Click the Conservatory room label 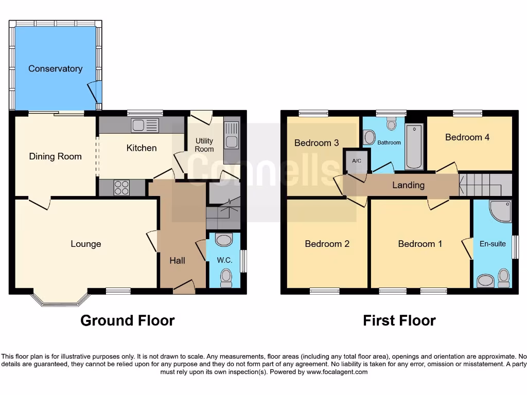coord(55,68)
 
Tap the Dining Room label coord(55,156)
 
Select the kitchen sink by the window coord(145,125)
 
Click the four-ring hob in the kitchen coord(122,188)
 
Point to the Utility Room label coord(204,145)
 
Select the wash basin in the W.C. coord(224,240)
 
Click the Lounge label coord(86,244)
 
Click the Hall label coord(178,261)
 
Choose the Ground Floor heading coord(128,321)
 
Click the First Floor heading coord(399,321)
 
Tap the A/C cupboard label coord(357,160)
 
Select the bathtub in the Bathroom coord(414,146)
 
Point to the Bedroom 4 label coord(467,137)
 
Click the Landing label coord(409,185)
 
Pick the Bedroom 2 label coord(327,244)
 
